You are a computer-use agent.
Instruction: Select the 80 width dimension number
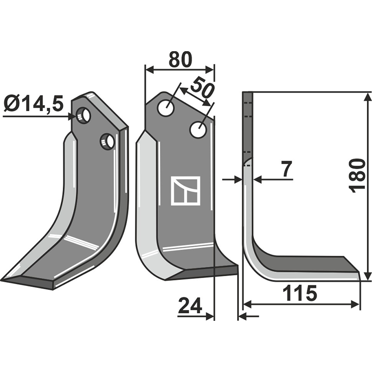(179, 60)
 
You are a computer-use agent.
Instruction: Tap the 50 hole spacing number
(201, 87)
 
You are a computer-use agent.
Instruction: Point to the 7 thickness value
(286, 169)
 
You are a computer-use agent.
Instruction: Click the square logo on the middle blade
(186, 191)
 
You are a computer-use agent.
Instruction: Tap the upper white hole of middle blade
(166, 108)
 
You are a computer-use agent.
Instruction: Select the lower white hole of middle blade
(198, 130)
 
